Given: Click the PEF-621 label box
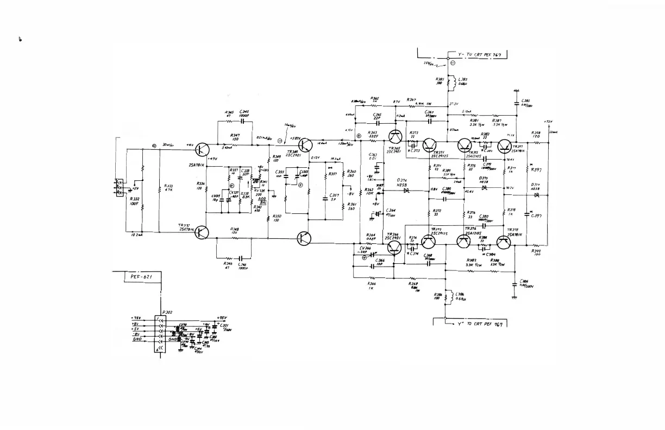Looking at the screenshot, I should tap(140, 277).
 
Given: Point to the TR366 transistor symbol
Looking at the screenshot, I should tap(396, 248).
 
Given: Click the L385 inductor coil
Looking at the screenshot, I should tap(448, 82).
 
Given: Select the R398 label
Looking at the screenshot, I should tap(536, 134).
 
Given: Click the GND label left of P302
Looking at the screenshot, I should tap(138, 339).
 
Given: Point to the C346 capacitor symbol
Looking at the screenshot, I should tap(242, 257).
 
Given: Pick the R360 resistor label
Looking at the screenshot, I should tap(350, 173).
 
